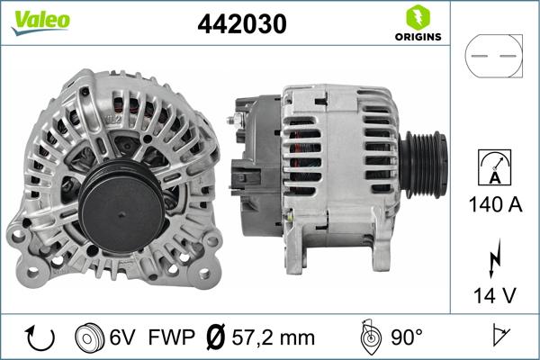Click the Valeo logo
(x=40, y=21)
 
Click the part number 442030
(x=241, y=24)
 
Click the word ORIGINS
(x=416, y=38)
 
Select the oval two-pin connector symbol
(x=492, y=56)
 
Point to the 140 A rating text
(x=493, y=204)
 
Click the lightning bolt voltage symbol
(x=493, y=257)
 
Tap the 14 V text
(x=493, y=292)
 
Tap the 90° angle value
(x=406, y=337)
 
